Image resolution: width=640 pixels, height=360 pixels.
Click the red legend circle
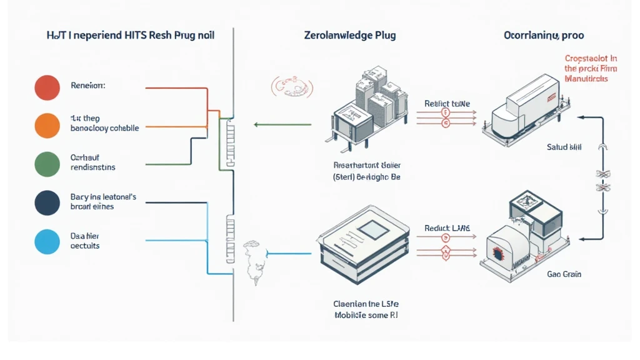(x=47, y=87)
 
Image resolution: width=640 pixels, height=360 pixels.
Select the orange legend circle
(x=47, y=125)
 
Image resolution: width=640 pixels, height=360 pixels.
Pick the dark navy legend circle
(x=47, y=202)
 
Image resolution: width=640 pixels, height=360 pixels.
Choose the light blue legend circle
(x=47, y=241)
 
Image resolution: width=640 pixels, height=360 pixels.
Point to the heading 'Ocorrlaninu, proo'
(x=544, y=35)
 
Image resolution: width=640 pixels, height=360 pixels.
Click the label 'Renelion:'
(x=88, y=86)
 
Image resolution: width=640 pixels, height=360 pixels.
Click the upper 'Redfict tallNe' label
(x=447, y=103)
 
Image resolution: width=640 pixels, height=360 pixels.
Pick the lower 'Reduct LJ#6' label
(x=447, y=228)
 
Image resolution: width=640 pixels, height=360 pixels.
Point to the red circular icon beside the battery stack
(x=289, y=87)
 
